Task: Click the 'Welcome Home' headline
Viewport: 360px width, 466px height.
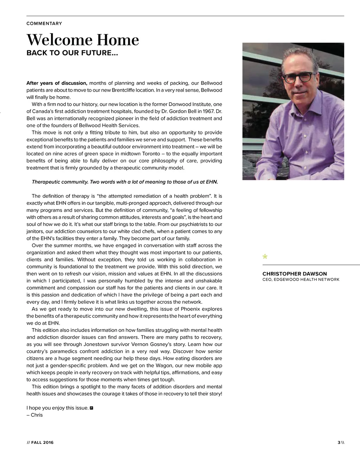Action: (x=83, y=40)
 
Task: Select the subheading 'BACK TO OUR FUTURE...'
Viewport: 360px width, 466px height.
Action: (x=72, y=53)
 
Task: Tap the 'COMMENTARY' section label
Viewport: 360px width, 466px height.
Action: (x=44, y=24)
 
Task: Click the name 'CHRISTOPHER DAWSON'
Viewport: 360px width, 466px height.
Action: (x=294, y=274)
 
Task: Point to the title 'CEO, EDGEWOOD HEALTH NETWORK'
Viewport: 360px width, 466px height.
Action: (x=301, y=280)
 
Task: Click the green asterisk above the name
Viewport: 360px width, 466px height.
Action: (x=265, y=257)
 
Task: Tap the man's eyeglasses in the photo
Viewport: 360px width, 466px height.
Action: (x=299, y=77)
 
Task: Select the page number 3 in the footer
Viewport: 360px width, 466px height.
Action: (x=339, y=442)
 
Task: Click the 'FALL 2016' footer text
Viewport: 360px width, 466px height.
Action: (x=42, y=442)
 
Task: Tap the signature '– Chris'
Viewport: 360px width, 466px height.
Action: (x=34, y=415)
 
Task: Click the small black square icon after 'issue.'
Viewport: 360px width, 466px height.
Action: (x=91, y=408)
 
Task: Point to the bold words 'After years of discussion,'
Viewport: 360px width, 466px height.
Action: (x=57, y=83)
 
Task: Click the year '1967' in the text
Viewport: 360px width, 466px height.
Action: (x=207, y=111)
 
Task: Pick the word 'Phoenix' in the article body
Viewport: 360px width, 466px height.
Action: (x=190, y=309)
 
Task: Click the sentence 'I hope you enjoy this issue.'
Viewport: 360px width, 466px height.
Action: (x=57, y=408)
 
